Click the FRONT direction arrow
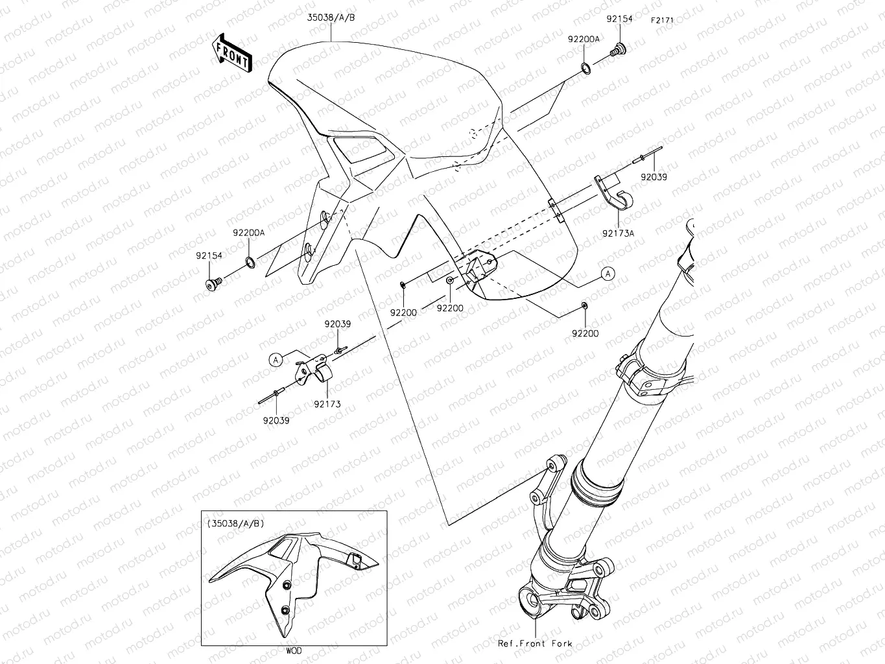click(x=231, y=52)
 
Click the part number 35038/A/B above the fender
click(x=331, y=18)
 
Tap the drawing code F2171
click(x=663, y=20)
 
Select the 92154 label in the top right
click(x=619, y=19)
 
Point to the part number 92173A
click(x=618, y=233)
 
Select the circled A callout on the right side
click(x=608, y=274)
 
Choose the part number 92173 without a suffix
click(x=327, y=404)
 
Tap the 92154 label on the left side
click(x=209, y=255)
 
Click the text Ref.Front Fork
click(x=535, y=643)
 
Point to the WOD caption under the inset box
click(x=293, y=650)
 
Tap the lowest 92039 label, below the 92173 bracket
click(x=276, y=420)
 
